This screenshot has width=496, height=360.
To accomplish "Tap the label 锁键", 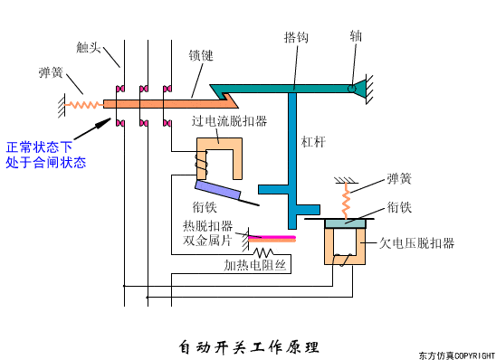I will (x=201, y=55).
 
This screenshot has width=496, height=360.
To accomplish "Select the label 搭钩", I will (x=296, y=38).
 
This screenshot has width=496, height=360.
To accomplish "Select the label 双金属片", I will (x=207, y=241).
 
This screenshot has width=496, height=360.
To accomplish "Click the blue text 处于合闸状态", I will (x=46, y=163).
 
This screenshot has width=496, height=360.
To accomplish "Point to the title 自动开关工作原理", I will (x=249, y=346).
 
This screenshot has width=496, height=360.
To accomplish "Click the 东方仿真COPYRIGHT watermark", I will (x=456, y=355).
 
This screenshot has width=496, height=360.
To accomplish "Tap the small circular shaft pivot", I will (x=351, y=88).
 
